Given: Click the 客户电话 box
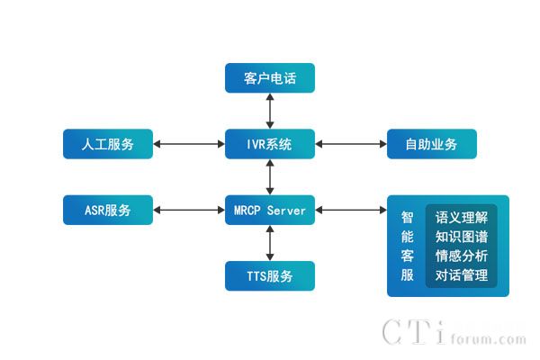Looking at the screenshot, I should tap(270, 78).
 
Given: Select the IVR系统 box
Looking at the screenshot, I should tap(270, 144).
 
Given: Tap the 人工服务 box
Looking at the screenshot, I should tap(108, 144).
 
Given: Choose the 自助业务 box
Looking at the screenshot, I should tap(431, 144).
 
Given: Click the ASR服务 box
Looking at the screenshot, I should tap(108, 211).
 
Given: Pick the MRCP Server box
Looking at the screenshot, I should tap(270, 211).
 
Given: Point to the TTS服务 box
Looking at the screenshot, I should tap(270, 276).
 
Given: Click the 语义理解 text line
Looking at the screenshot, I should tap(461, 217).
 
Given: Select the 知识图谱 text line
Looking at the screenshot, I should tap(461, 237).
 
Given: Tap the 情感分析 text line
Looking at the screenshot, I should tap(461, 256).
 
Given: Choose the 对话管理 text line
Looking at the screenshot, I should tap(461, 275).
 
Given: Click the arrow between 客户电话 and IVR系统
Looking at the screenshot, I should tap(270, 111).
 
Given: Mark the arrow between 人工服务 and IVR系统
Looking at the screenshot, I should tap(189, 144).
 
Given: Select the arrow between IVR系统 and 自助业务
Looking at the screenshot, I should tap(351, 144).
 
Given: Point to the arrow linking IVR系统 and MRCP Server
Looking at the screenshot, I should tap(270, 177).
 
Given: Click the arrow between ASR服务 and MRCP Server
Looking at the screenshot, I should tap(189, 211).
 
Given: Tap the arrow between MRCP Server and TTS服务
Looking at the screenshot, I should tap(270, 243).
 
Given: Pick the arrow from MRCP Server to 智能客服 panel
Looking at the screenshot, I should tap(351, 211).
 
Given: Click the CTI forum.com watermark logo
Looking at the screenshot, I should tap(454, 333).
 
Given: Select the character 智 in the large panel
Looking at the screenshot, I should tap(408, 217).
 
